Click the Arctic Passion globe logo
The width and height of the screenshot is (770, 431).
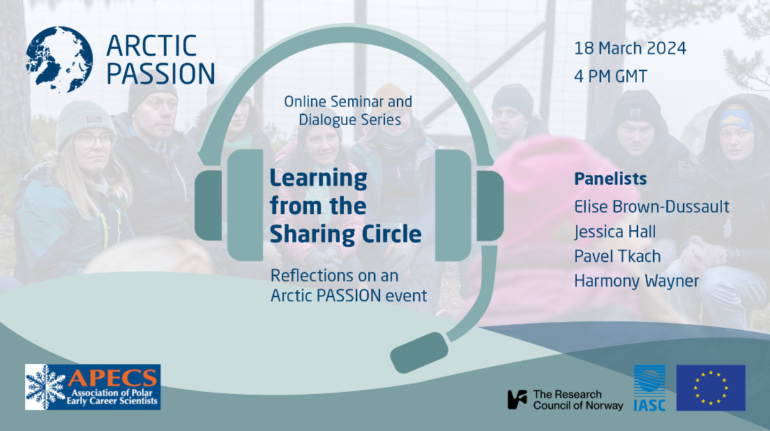[x=59, y=59]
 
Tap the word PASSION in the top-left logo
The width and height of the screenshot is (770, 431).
[x=160, y=74]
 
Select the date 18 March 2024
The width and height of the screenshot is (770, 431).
[x=630, y=48]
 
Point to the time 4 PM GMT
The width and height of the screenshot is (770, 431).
[x=610, y=76]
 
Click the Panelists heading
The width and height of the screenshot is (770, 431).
[x=610, y=179]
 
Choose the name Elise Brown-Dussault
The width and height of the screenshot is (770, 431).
[x=651, y=206]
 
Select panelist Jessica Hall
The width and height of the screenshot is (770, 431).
[x=615, y=232]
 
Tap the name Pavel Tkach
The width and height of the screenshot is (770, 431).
[x=617, y=256]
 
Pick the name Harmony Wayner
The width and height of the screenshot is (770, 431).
[x=636, y=281]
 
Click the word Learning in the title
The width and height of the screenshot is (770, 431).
[x=318, y=179]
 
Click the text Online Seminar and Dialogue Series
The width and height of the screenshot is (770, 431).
[x=348, y=110]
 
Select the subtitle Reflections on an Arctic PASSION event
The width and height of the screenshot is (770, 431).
[x=349, y=286]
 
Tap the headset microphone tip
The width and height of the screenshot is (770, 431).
[x=419, y=352]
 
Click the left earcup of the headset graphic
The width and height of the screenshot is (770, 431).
[x=229, y=205]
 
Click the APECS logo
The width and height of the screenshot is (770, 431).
[x=93, y=387]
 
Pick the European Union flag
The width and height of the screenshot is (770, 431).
[x=711, y=388]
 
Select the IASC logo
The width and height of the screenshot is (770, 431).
[x=650, y=388]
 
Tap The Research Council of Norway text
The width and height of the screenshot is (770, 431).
[x=565, y=400]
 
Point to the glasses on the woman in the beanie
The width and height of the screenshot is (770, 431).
[x=95, y=140]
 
